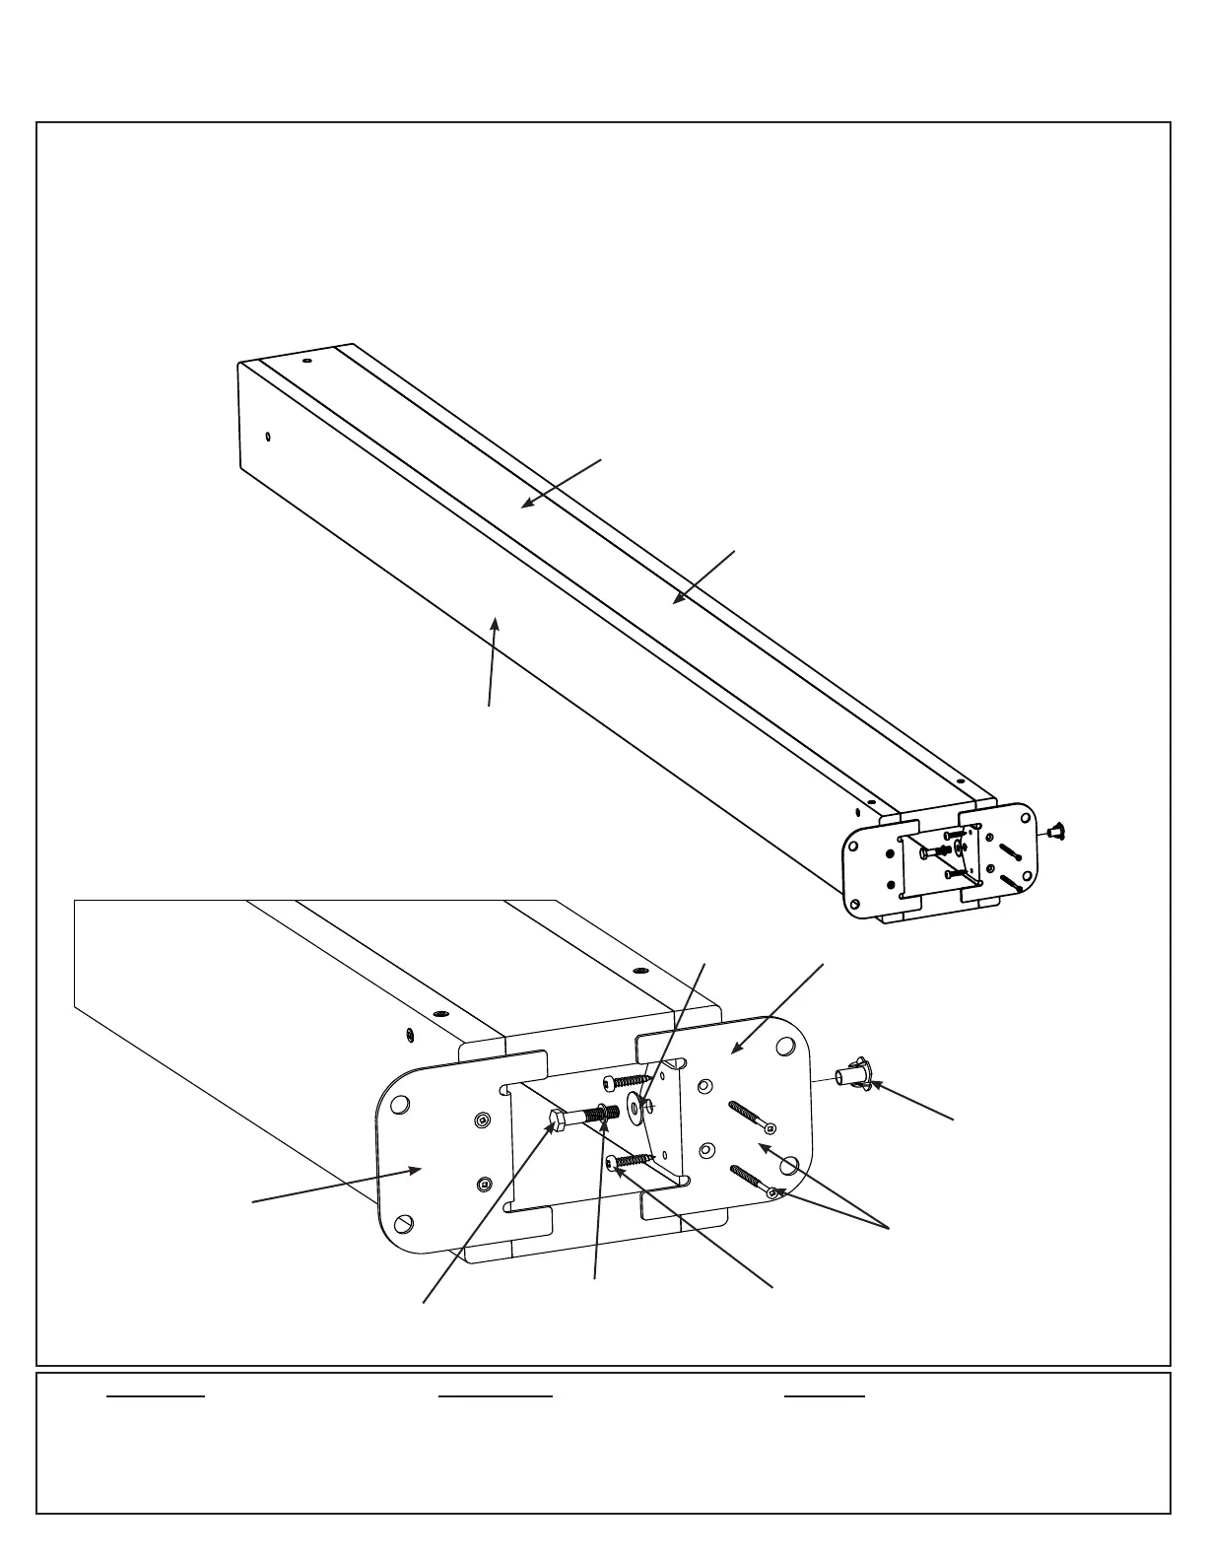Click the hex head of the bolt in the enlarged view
click(x=555, y=1120)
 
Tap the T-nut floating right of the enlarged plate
click(x=852, y=1076)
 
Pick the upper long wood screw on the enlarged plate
click(x=751, y=1117)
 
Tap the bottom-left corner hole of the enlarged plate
click(x=408, y=1223)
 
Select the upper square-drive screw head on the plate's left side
click(x=481, y=1120)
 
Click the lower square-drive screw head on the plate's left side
click(x=483, y=1184)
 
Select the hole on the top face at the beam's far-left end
click(x=306, y=363)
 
